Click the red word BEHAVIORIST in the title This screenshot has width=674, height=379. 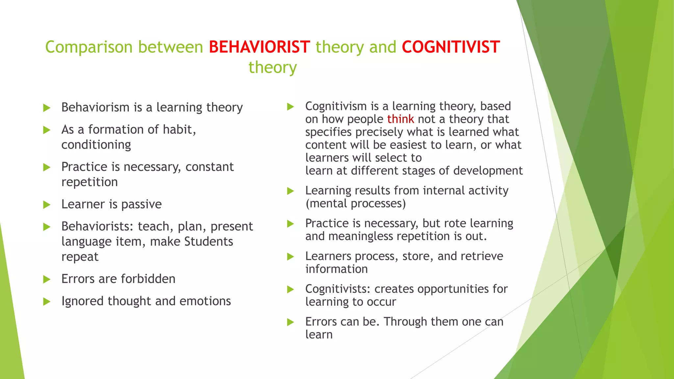259,47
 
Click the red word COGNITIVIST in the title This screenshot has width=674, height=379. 451,47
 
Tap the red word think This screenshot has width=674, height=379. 400,119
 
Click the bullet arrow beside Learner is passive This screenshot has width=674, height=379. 47,205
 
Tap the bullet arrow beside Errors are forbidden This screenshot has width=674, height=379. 47,280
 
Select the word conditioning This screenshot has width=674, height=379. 96,145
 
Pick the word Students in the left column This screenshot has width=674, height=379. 208,241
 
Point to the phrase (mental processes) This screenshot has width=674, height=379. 355,204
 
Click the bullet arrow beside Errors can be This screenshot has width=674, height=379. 290,322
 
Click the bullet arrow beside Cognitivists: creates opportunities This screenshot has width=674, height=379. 290,290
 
